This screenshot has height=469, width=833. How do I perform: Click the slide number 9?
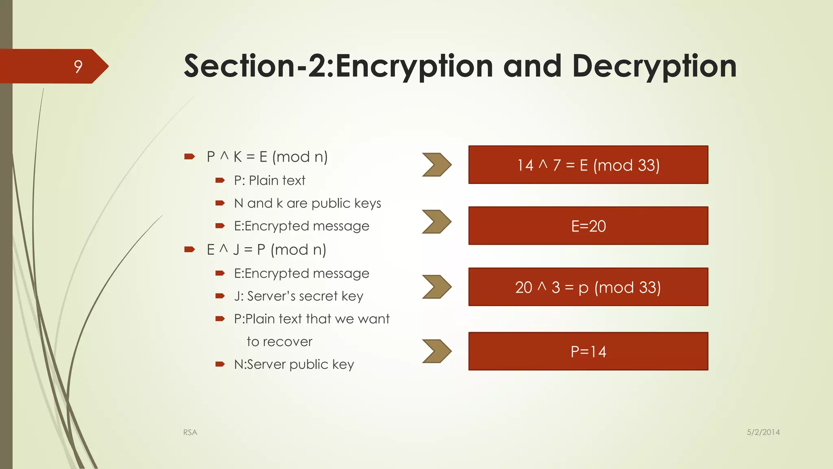(x=78, y=66)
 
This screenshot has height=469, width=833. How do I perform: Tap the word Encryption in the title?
(x=414, y=66)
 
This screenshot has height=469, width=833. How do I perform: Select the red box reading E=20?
(x=588, y=226)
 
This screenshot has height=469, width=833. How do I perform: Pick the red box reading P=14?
(x=588, y=351)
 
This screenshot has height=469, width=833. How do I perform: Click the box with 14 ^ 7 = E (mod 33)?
(x=588, y=165)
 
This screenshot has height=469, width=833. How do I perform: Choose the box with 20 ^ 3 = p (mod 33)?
(x=588, y=287)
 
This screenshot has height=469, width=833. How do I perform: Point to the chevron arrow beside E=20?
(x=436, y=222)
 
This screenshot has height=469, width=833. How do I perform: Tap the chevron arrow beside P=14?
(x=436, y=351)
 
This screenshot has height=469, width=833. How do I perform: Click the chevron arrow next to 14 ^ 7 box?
(x=436, y=165)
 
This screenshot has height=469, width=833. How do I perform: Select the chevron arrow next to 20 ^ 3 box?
(x=436, y=287)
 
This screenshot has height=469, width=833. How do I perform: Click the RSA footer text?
(x=190, y=432)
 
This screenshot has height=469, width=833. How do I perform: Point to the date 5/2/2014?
(x=763, y=432)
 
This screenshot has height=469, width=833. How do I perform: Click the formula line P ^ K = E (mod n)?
(x=267, y=157)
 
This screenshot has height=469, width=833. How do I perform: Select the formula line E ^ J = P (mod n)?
(x=266, y=250)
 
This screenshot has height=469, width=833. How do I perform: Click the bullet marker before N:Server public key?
(x=220, y=364)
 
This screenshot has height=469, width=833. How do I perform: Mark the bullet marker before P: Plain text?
(x=220, y=180)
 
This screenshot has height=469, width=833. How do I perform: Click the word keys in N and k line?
(x=367, y=203)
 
